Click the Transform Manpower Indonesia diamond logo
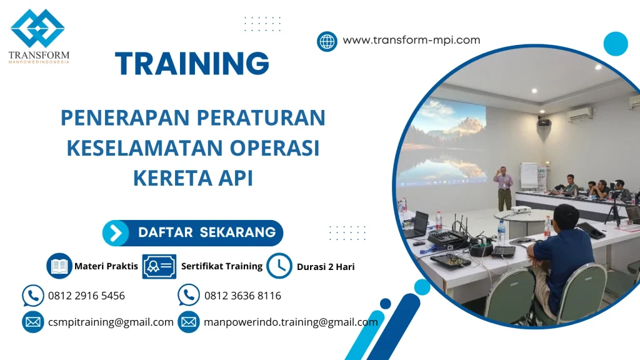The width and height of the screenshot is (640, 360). tap(37, 29)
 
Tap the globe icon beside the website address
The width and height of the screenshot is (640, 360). tap(327, 41)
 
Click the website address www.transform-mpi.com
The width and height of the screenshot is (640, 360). tap(411, 40)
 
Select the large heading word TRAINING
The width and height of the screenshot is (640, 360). tap(192, 64)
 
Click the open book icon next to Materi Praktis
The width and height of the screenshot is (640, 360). tap(59, 266)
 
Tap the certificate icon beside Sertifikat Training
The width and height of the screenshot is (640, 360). tap(159, 266)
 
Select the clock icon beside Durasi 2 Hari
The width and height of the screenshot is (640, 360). tap(279, 266)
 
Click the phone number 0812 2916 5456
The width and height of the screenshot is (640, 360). tap(86, 296)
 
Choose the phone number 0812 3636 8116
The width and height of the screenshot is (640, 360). tap(242, 296)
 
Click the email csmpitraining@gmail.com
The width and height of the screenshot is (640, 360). tap(111, 322)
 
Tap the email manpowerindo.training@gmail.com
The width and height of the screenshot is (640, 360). tap(291, 322)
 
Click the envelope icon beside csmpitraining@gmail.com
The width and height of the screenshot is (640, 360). tap(32, 322)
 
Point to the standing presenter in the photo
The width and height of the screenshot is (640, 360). tap(503, 187)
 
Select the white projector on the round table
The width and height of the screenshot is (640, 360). tap(520, 209)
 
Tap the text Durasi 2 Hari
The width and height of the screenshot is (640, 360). tap(326, 267)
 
